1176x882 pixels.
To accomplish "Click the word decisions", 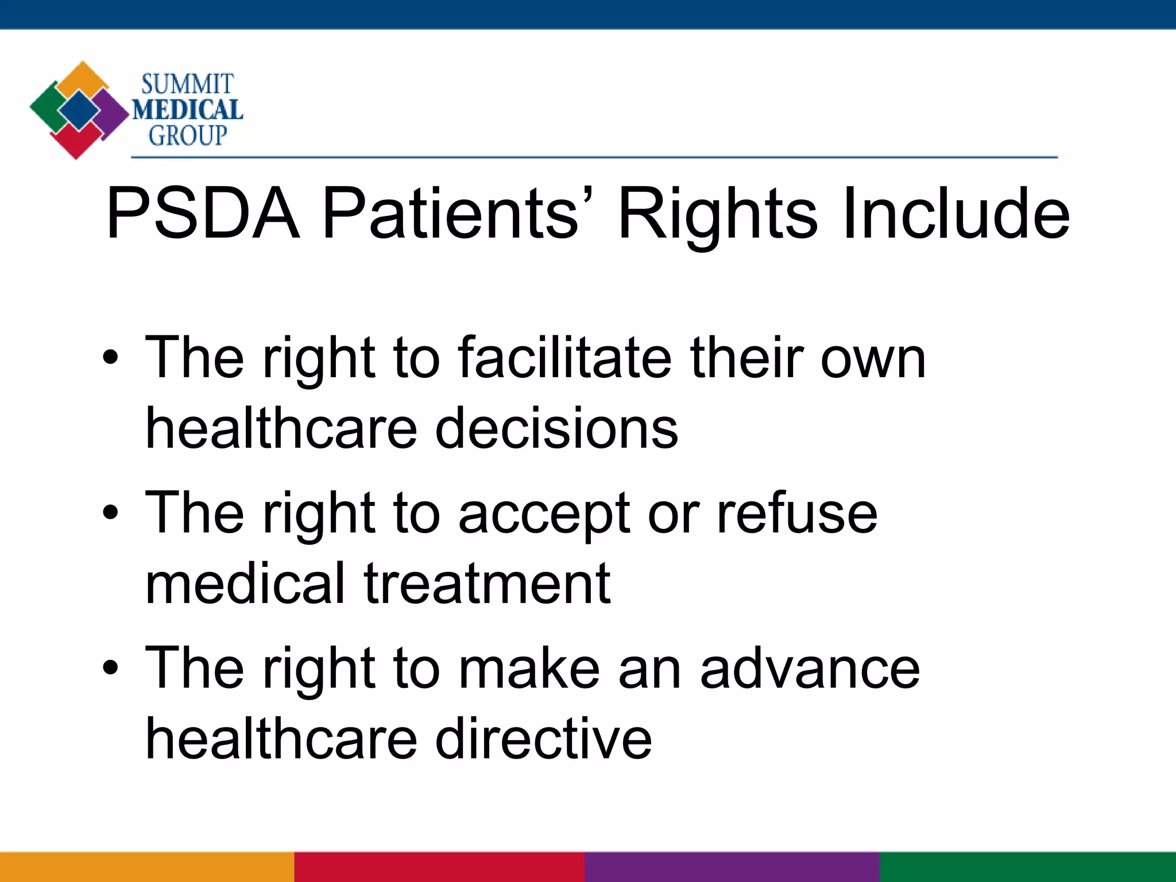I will click(x=556, y=428).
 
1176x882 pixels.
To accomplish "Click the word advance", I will click(x=810, y=668).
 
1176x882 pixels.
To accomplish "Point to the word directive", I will click(x=543, y=739).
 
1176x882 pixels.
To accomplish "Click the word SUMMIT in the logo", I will click(x=187, y=84).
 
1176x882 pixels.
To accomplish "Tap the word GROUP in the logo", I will click(x=188, y=136).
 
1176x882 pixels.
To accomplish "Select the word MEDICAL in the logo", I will click(x=188, y=110).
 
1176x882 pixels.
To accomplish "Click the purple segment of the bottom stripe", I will click(x=732, y=867).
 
